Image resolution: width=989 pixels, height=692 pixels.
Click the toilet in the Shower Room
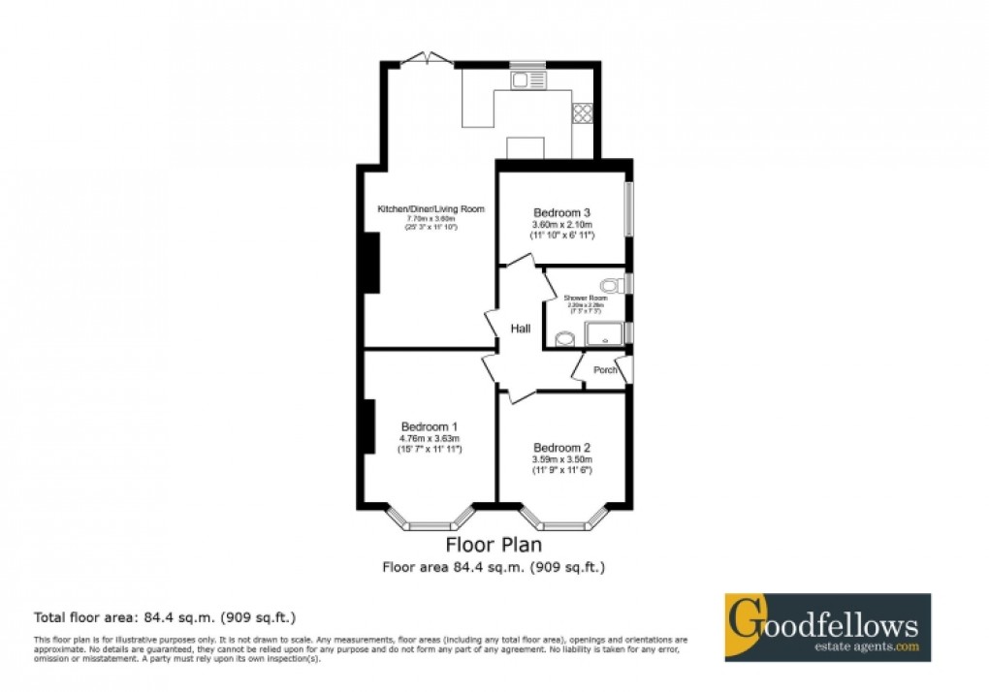[610, 285]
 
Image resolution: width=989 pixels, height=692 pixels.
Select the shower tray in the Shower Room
[605, 335]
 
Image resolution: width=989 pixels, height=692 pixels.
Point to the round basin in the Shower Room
[564, 338]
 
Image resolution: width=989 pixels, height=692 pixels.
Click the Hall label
[521, 330]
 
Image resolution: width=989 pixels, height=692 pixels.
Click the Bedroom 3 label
[561, 212]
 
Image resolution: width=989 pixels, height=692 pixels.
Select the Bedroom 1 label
[430, 425]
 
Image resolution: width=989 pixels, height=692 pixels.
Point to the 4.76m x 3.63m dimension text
[430, 438]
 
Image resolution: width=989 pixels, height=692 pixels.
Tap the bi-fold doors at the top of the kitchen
[428, 60]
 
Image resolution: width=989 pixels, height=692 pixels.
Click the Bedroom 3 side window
[627, 208]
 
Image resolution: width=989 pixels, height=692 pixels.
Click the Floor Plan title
[494, 545]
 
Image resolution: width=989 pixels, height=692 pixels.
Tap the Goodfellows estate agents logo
[827, 628]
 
